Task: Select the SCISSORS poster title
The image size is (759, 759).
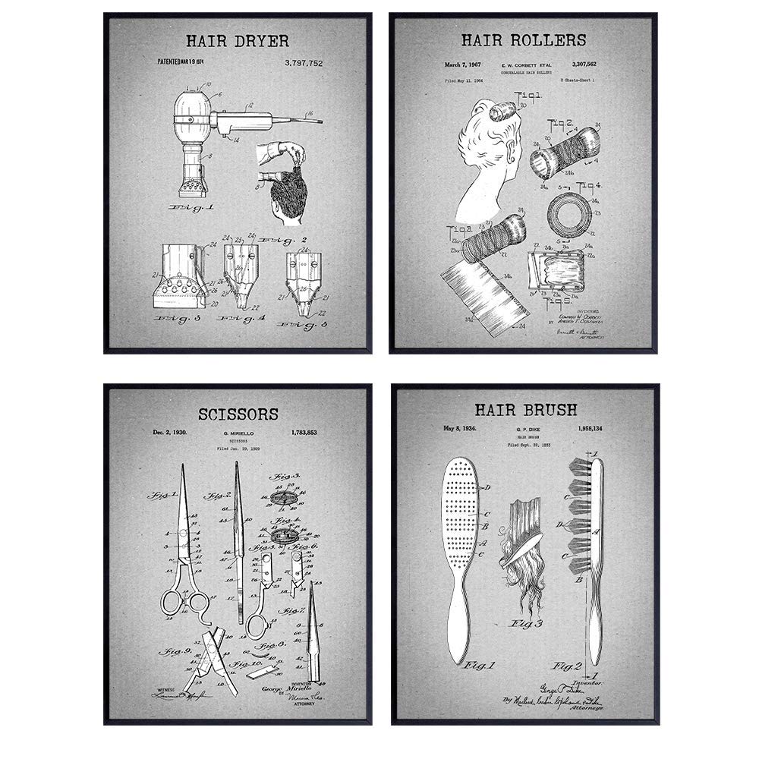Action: [238, 414]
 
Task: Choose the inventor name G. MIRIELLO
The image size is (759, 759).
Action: [236, 433]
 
